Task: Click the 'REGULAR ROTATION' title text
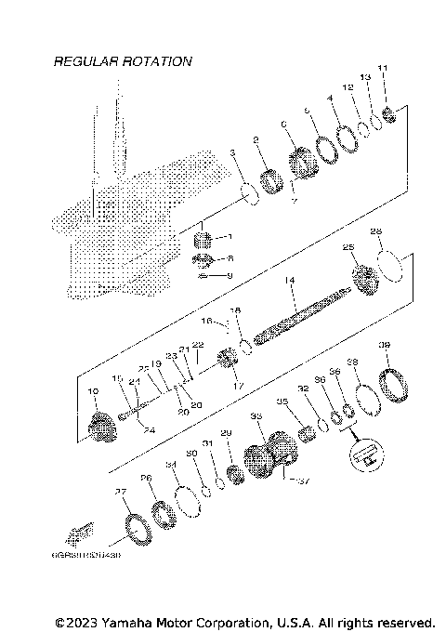click(x=123, y=61)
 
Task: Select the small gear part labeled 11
click(x=391, y=114)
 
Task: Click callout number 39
click(x=384, y=346)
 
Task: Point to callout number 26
click(x=145, y=478)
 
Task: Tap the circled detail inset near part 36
click(x=365, y=454)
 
